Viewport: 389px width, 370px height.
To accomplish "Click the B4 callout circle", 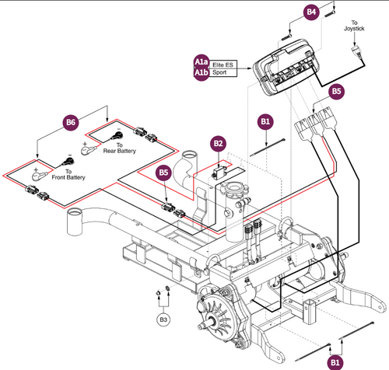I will click(x=312, y=13).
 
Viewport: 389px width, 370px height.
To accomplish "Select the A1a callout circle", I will click(x=201, y=61).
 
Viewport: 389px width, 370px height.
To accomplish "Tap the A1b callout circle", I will click(x=201, y=73).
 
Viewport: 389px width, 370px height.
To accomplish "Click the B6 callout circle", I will click(x=70, y=122).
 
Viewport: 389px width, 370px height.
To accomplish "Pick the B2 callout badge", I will click(x=219, y=145).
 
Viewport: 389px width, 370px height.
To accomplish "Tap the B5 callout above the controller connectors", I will click(x=336, y=91).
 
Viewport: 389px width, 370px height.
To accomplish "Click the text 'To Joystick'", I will click(x=354, y=29).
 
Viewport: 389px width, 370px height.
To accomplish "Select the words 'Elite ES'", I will click(x=225, y=65).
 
